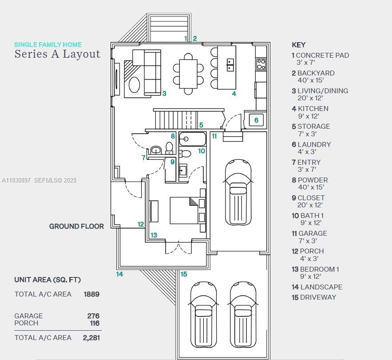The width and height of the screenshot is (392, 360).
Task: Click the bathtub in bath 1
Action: coord(192,139)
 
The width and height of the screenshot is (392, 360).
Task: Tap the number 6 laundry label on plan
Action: coord(256,120)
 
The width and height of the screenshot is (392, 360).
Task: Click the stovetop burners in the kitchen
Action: coord(261,64)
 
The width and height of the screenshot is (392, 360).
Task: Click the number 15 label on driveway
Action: coord(184,274)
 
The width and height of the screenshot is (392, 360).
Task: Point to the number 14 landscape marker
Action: coord(119,274)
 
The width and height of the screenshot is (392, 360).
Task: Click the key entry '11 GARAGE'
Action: coord(309,233)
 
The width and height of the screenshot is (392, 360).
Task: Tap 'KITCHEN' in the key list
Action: coord(313,109)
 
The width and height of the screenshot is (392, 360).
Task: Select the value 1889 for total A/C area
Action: coord(91,294)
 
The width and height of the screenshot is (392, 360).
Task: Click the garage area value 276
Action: coord(93,316)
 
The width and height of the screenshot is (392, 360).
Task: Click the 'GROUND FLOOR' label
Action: coord(76,226)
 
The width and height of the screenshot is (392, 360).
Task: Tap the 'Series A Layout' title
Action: coord(57,54)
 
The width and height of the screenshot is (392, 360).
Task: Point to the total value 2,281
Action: coord(91,338)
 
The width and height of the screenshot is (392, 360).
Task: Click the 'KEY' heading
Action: coord(298,45)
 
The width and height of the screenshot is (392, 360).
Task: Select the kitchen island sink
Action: coord(230,64)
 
